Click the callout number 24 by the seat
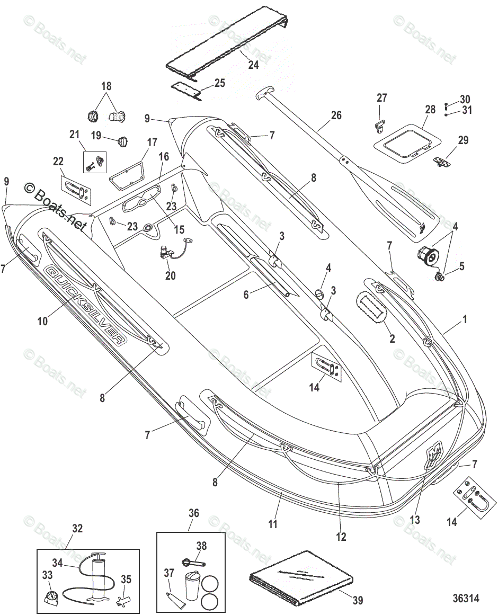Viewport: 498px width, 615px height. (254, 65)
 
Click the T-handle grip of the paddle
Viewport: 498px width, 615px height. (263, 95)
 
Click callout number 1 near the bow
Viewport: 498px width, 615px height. (464, 319)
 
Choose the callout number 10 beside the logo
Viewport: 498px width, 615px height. (42, 320)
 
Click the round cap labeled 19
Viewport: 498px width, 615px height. (123, 141)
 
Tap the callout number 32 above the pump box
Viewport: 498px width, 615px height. (77, 528)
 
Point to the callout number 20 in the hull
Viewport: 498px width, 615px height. (170, 275)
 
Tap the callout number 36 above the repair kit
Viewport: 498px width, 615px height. (194, 513)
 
